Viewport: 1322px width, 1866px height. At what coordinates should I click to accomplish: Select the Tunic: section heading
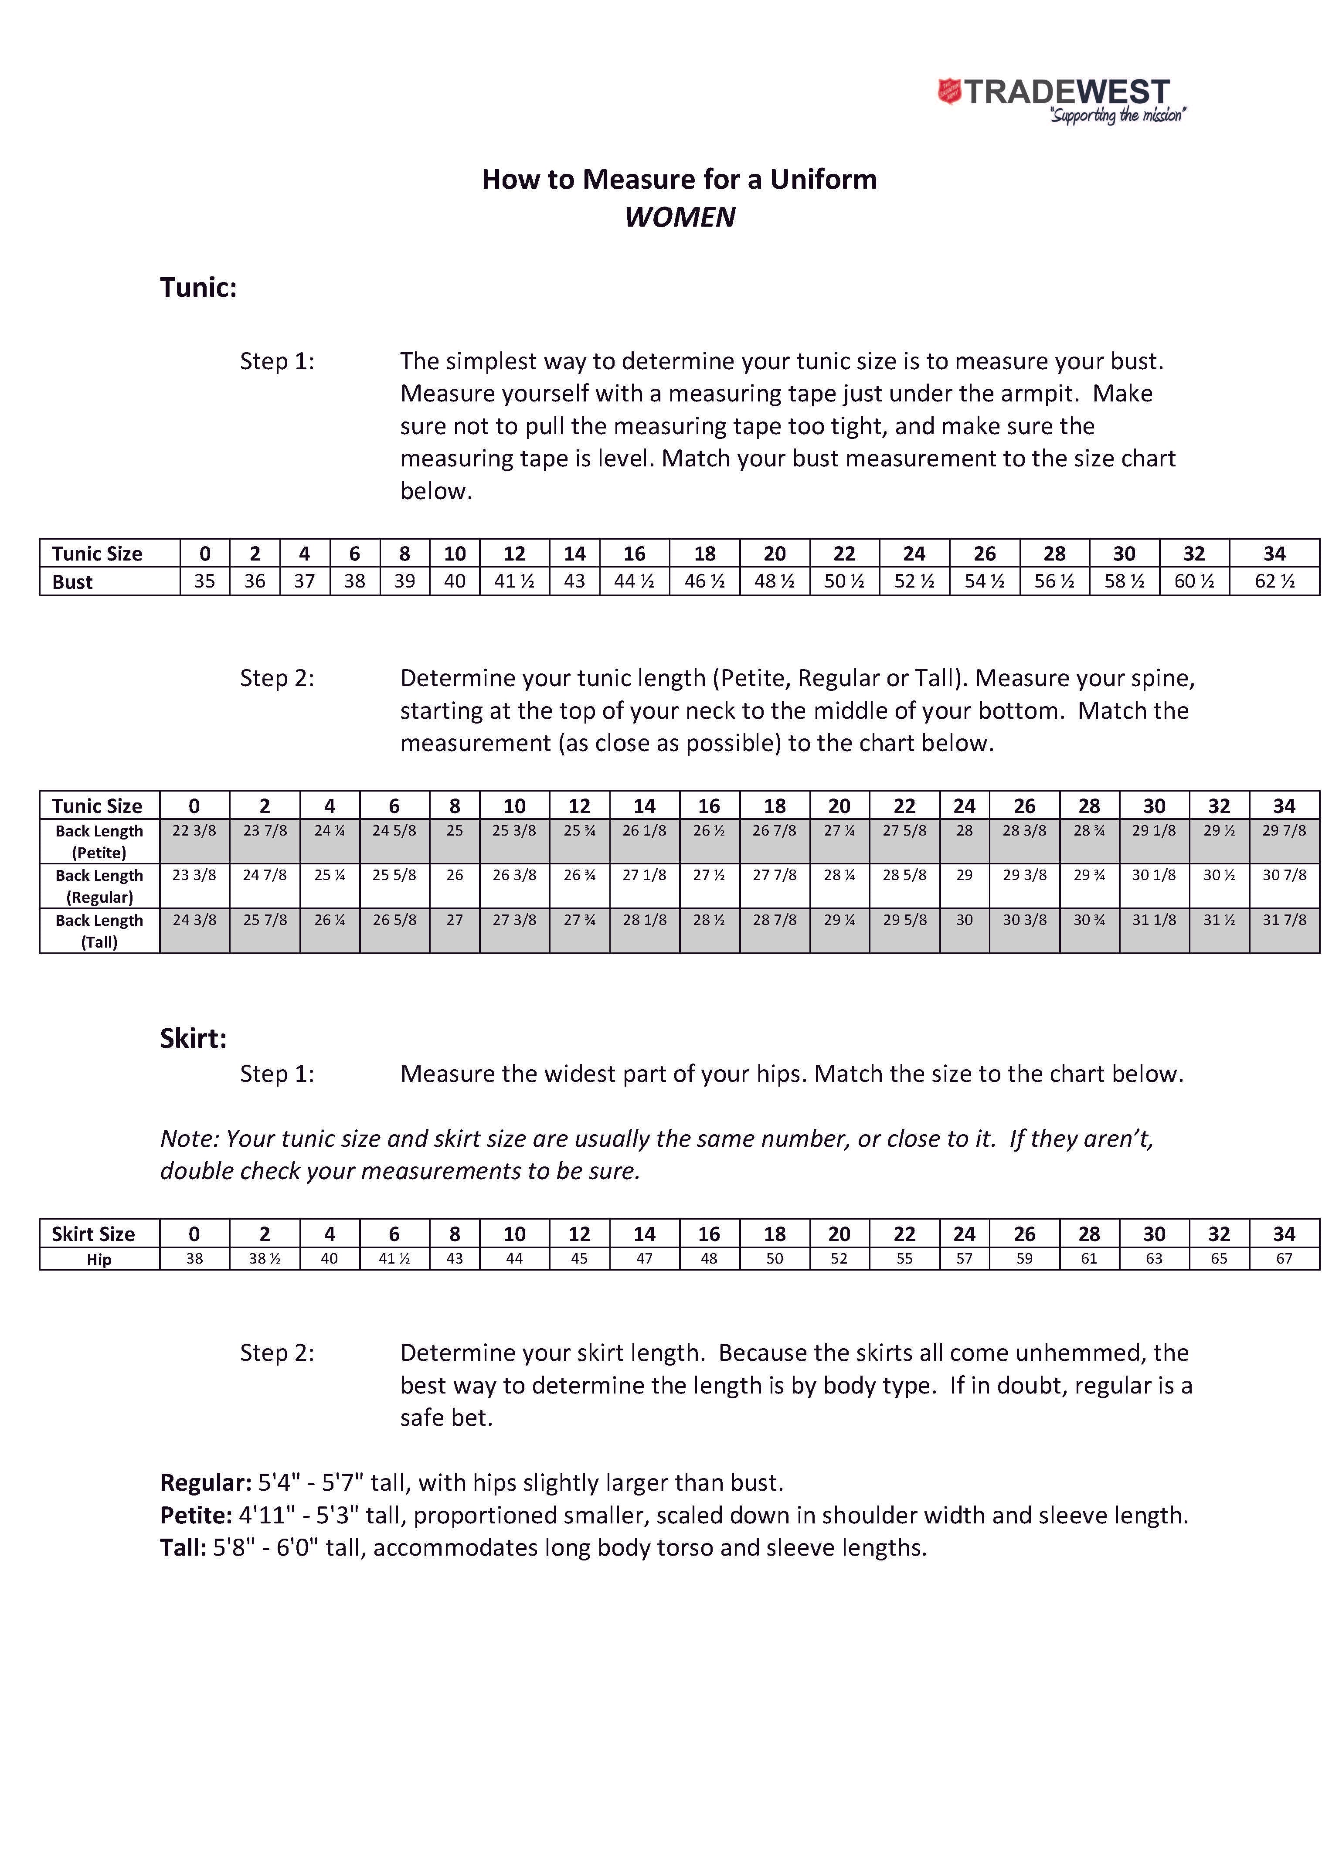[198, 287]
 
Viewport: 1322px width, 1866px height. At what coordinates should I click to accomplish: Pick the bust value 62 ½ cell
[1274, 581]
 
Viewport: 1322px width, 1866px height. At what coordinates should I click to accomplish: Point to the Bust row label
[72, 581]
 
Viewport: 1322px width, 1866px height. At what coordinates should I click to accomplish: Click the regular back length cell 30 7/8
[1284, 875]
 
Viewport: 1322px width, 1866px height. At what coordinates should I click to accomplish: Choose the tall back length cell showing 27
[454, 920]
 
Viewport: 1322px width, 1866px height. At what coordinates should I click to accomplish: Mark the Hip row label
[99, 1259]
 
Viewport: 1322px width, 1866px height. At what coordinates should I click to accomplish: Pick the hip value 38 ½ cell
[265, 1259]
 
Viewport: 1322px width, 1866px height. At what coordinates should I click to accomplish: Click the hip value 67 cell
[1284, 1259]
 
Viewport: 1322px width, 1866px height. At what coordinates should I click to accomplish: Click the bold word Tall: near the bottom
[182, 1548]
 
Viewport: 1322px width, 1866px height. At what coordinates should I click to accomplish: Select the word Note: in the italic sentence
[189, 1139]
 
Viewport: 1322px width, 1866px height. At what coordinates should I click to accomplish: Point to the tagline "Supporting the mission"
[1117, 116]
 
